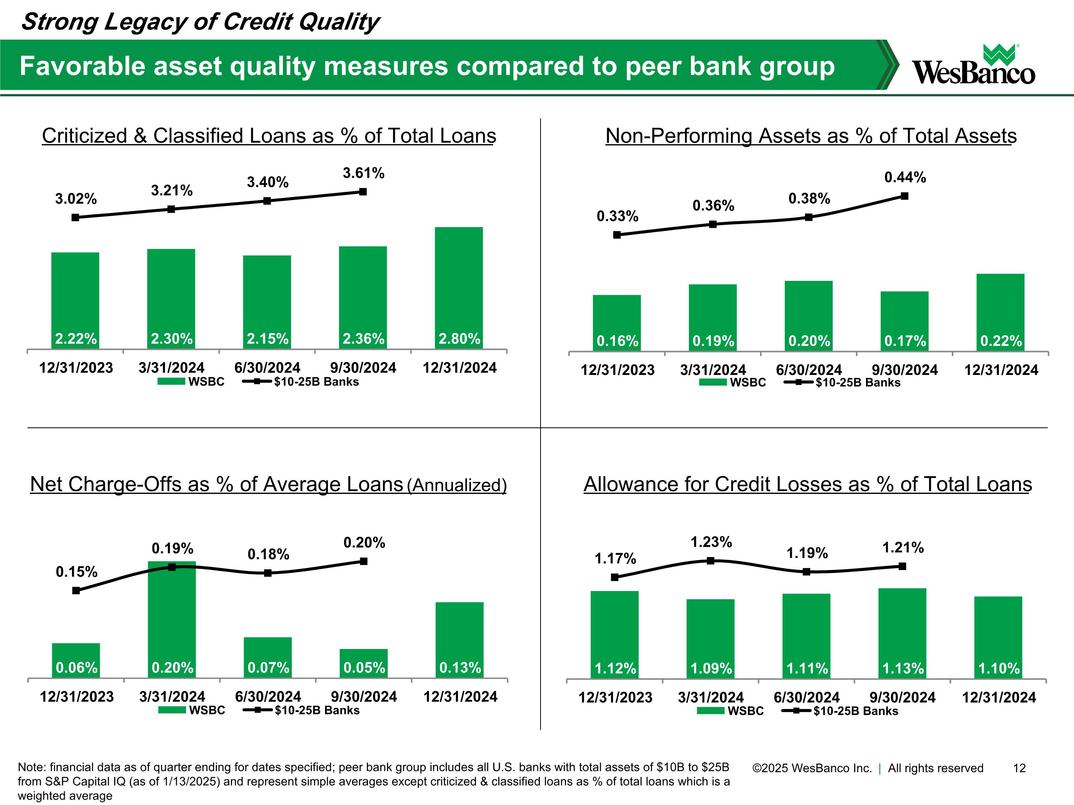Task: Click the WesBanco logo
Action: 973,65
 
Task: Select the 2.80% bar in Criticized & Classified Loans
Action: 459,288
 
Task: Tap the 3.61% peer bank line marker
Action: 363,192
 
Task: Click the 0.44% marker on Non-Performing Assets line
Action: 904,196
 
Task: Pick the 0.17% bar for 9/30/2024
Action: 904,321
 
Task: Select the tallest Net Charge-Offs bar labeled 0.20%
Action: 172,620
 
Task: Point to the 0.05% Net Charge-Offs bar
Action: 364,663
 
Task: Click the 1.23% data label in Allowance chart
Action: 711,542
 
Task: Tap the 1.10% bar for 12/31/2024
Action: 998,638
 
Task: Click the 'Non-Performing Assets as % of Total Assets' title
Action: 811,136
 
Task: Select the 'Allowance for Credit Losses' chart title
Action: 807,484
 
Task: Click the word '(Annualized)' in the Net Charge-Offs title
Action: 456,485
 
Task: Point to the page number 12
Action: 1019,768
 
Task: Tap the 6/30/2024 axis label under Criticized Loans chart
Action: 267,368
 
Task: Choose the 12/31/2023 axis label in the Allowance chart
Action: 615,697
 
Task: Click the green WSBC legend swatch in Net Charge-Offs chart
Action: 172,710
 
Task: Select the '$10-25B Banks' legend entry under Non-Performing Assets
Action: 858,382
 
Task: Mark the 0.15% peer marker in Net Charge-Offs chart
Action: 76,591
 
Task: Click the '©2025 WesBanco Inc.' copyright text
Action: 812,768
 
